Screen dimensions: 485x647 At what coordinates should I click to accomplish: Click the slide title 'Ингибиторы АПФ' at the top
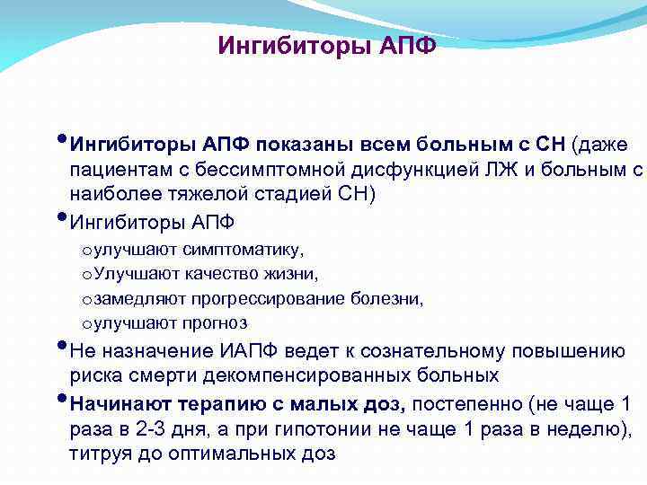pyautogui.click(x=327, y=46)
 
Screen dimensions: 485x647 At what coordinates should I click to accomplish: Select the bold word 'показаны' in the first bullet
pyautogui.click(x=301, y=145)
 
